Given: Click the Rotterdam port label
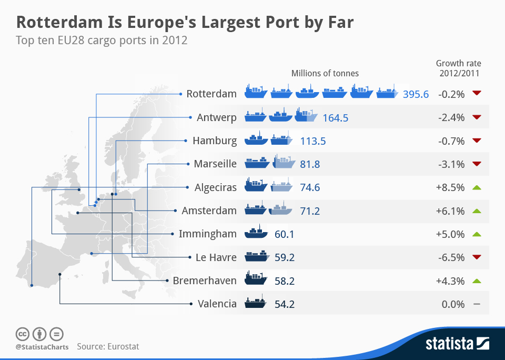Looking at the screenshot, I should tap(211, 94).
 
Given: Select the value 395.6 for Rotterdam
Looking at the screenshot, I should tap(416, 94).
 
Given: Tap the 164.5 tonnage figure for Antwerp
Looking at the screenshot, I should tap(335, 118).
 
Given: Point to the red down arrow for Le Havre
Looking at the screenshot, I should tap(477, 257).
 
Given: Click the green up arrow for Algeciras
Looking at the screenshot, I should tap(477, 187).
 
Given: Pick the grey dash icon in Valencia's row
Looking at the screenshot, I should tap(477, 304).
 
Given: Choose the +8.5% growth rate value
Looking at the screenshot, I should tap(450, 187).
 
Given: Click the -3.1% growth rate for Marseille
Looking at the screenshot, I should tap(451, 164).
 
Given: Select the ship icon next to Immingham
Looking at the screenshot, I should tap(256, 233).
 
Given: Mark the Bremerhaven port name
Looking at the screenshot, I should tap(205, 281).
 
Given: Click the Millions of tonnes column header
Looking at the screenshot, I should tap(325, 73).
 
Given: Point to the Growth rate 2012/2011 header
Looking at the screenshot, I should tap(458, 68).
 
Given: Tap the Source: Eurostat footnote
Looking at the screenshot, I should tap(108, 346).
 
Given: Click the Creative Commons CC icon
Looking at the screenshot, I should tap(23, 334).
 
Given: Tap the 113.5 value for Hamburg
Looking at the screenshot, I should tap(312, 141).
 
